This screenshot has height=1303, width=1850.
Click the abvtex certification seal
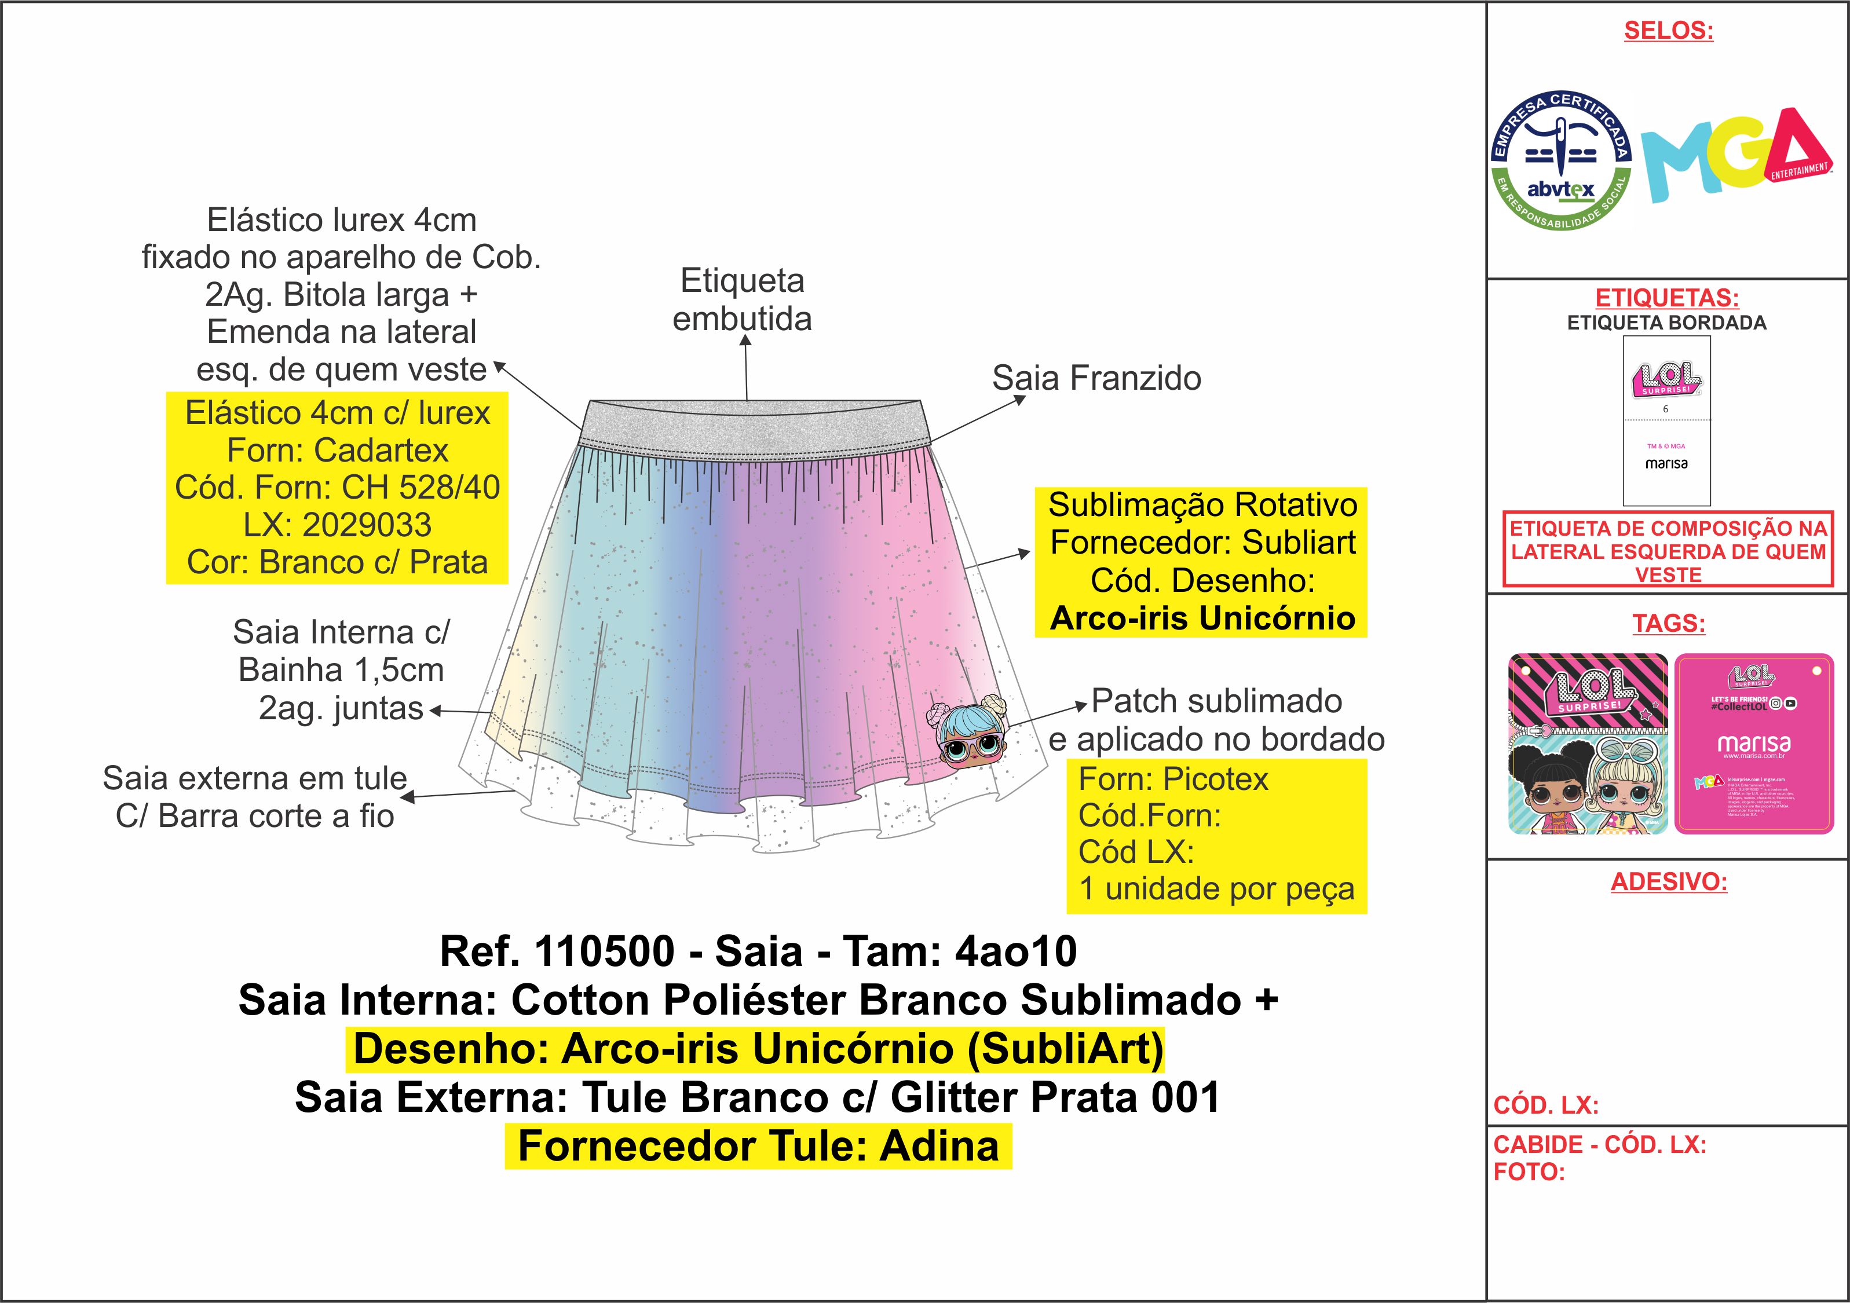1561,160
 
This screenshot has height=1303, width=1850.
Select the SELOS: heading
1668,31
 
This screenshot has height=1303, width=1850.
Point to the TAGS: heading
1669,623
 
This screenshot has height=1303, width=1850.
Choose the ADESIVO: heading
1669,881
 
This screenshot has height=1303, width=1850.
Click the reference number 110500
604,951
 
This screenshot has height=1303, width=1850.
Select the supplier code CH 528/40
421,488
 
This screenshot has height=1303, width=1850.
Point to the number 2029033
367,525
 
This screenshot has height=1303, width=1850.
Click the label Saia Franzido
1096,378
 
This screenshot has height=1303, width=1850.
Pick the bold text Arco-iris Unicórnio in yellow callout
1202,618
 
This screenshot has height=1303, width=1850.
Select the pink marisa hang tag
1753,743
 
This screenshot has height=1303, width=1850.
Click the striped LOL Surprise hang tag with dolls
1587,743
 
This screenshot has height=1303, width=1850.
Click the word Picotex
1215,779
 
